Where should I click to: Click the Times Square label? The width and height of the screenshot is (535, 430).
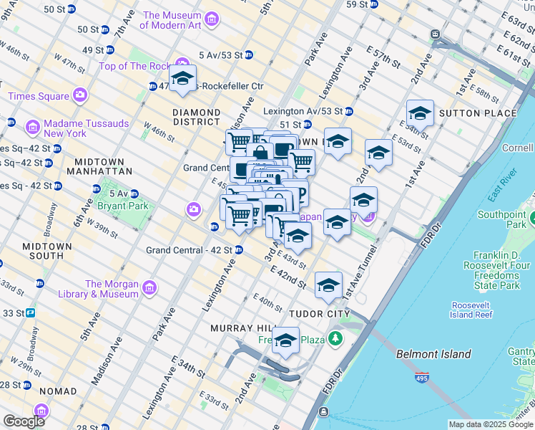[39, 96]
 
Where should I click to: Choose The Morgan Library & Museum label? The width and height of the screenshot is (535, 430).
[90, 289]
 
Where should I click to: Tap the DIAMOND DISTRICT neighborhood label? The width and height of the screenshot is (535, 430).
[197, 118]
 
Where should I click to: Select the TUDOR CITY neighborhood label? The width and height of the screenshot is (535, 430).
[319, 314]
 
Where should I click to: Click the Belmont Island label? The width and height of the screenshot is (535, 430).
[433, 354]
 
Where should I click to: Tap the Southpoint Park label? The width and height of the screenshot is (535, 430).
[502, 219]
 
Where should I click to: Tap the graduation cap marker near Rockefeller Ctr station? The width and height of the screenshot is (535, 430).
[182, 79]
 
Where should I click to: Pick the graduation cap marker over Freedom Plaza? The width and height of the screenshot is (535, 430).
[285, 342]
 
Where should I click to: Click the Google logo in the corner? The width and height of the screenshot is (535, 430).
[24, 421]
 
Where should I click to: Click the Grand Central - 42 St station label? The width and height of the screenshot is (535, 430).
[189, 250]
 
